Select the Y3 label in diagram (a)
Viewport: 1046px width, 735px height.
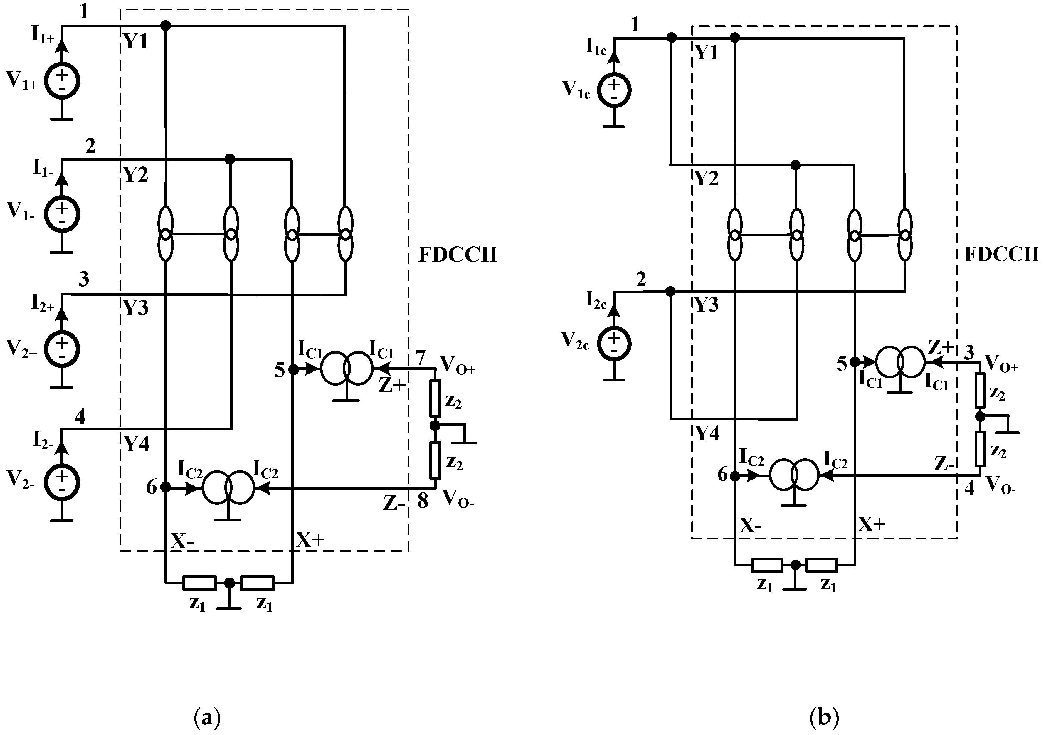pos(136,309)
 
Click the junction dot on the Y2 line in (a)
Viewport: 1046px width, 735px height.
pos(230,159)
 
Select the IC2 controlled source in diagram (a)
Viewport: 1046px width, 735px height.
pos(228,487)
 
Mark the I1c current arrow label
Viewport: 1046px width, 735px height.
pos(596,47)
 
